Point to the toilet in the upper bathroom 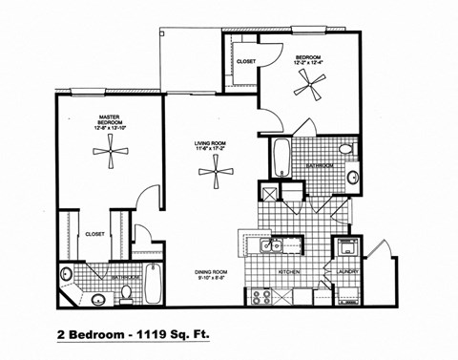pos(345,150)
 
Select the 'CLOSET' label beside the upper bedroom pos(245,61)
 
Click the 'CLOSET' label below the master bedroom pos(94,233)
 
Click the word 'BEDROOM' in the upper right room pos(308,57)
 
